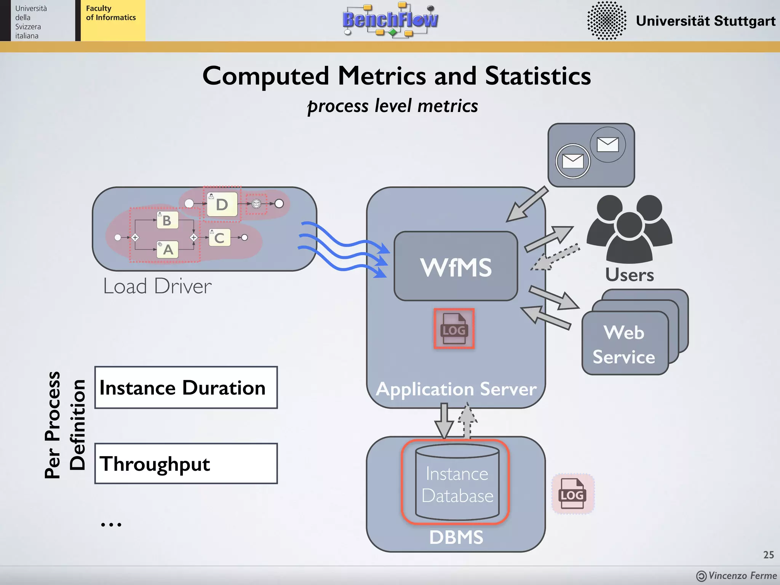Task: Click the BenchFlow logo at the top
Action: coord(390,20)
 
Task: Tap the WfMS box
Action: coord(456,267)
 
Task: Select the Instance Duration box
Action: coord(186,388)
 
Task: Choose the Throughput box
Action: coord(186,464)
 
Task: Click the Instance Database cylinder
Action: coord(457,483)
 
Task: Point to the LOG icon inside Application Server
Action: coord(454,329)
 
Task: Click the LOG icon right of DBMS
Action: coord(572,494)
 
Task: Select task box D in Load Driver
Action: coord(222,205)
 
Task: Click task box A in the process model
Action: coord(168,250)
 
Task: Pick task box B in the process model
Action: coord(167,221)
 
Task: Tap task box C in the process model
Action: coord(219,238)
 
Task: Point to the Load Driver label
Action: coord(157,286)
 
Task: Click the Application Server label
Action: coord(456,389)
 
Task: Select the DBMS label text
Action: coord(456,537)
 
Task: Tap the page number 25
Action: coord(768,555)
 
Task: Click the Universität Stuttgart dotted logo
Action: coord(606,21)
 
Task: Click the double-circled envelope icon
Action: coord(572,161)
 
